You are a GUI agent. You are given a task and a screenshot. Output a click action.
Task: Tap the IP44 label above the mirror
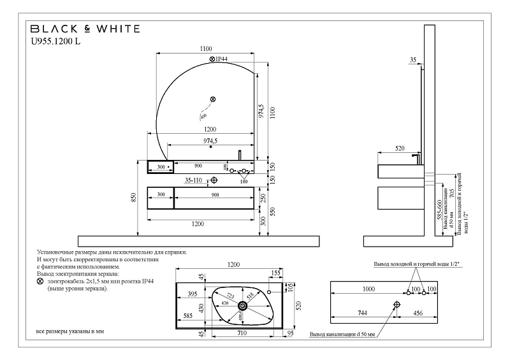pyautogui.click(x=219, y=59)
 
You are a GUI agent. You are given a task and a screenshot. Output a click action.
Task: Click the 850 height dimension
pyautogui.click(x=134, y=198)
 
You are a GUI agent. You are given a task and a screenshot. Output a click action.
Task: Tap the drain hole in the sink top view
pyautogui.click(x=243, y=306)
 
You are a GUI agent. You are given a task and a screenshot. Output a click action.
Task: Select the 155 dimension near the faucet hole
pyautogui.click(x=275, y=273)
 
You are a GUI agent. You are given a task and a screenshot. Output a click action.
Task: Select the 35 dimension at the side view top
pyautogui.click(x=413, y=59)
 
